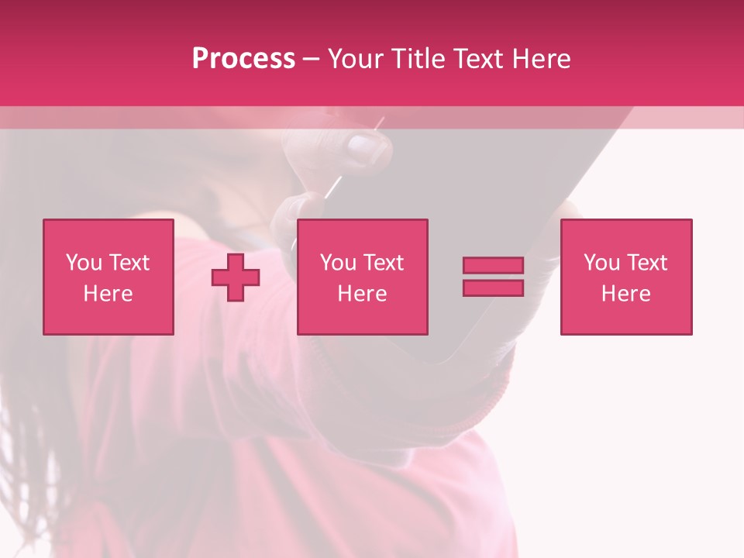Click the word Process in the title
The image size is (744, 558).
243,59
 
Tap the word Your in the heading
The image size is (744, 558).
354,59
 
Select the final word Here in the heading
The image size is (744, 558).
542,59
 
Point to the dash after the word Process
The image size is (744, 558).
311,60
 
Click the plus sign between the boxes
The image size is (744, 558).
236,277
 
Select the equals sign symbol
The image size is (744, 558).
493,277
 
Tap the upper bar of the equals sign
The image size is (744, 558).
493,266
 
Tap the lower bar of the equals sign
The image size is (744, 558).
493,288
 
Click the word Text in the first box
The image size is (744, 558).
129,263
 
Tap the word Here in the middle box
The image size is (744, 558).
363,294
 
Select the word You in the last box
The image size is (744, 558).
601,263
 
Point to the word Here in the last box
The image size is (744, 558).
626,294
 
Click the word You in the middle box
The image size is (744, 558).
338,263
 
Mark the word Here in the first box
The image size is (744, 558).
108,294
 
